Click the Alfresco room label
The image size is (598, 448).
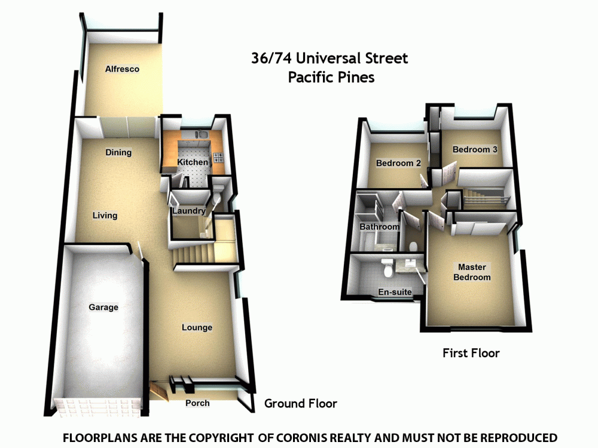[122, 69]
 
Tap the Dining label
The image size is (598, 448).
[118, 152]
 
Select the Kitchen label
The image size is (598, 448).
[193, 162]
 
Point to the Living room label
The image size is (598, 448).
[105, 215]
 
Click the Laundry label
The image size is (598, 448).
[189, 211]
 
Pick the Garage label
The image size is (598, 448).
[103, 308]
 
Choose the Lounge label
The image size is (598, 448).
[197, 327]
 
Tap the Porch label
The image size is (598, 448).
[197, 403]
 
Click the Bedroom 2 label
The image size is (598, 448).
[398, 163]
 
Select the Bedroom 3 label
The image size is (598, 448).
[475, 149]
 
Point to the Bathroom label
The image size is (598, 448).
[379, 227]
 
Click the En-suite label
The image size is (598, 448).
[395, 293]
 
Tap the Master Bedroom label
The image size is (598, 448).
[472, 272]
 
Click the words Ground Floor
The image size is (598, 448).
[301, 403]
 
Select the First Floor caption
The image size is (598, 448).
[471, 353]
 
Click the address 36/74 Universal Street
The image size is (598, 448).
[329, 59]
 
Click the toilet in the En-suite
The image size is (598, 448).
[388, 269]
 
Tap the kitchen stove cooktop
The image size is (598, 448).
[218, 158]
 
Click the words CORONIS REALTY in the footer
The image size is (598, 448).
[337, 438]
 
